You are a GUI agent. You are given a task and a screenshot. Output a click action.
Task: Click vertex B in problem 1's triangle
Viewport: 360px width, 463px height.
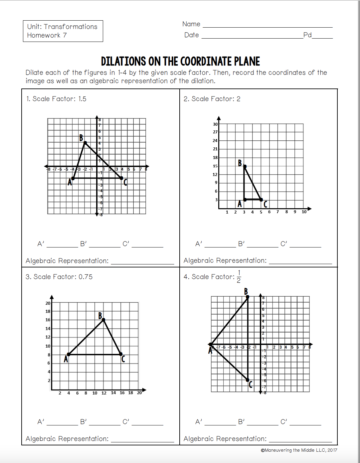coord(85,143)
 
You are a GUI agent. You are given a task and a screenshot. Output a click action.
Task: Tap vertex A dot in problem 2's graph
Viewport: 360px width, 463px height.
coord(245,200)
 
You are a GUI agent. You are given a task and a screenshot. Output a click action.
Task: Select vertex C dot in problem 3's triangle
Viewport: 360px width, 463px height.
coord(120,354)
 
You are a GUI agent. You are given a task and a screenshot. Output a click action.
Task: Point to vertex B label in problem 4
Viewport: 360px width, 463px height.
coord(246,292)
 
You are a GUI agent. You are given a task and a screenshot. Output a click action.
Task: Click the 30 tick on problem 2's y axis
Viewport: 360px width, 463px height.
coord(215,124)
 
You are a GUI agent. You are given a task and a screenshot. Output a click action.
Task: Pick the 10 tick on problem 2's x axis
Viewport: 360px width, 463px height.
coord(304,212)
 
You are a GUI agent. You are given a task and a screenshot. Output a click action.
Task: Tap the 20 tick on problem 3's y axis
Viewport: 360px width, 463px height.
coord(48,303)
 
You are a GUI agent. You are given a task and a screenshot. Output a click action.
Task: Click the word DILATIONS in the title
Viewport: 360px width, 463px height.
coord(123,62)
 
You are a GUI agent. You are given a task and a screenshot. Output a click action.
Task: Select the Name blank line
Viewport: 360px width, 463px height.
coord(268,27)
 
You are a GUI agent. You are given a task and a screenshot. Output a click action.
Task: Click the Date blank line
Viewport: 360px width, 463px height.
coord(252,38)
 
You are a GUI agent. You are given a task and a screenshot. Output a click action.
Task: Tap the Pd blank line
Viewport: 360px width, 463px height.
coord(322,38)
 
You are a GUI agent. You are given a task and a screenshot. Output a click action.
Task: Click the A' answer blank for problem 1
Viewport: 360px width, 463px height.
coord(62,246)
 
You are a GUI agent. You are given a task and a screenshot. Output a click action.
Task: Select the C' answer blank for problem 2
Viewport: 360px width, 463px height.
coord(305,246)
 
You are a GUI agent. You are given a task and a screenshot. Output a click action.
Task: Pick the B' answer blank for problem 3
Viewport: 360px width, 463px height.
coord(104,424)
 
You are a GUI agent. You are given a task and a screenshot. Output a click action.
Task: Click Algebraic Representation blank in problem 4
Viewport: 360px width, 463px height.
coord(300,441)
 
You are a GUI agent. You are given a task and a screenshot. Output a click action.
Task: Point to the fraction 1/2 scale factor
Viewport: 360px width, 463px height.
coord(239,276)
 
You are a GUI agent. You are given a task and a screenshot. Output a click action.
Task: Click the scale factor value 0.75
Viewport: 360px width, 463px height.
coord(86,277)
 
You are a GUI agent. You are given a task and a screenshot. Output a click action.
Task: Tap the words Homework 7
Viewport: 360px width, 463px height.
coord(47,35)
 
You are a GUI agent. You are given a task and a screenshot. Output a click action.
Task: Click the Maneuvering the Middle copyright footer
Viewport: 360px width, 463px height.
coord(299,450)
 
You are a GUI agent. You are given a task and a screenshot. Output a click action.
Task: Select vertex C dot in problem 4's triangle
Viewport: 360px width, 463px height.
coord(248,380)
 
